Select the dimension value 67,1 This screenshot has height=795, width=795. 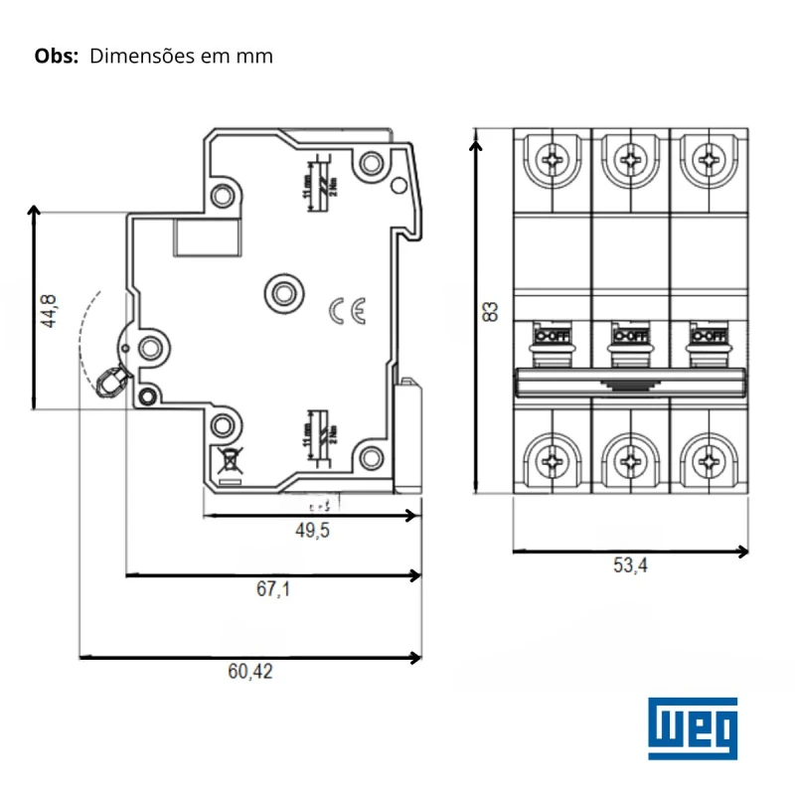273,589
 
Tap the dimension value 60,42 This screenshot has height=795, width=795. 249,672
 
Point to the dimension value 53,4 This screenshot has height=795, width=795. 630,566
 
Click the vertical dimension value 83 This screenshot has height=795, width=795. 489,311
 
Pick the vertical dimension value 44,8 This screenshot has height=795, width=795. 49,311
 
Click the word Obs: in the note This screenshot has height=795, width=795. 56,56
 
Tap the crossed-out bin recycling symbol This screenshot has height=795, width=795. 228,460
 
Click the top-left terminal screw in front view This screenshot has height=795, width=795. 553,158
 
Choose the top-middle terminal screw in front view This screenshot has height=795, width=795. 630,158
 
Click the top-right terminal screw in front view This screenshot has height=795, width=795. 708,158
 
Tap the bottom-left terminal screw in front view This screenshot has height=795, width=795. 553,461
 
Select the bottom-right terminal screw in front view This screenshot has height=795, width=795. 708,461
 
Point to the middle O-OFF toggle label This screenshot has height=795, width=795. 630,336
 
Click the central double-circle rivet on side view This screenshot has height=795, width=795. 285,292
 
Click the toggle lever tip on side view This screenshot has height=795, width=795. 110,381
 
